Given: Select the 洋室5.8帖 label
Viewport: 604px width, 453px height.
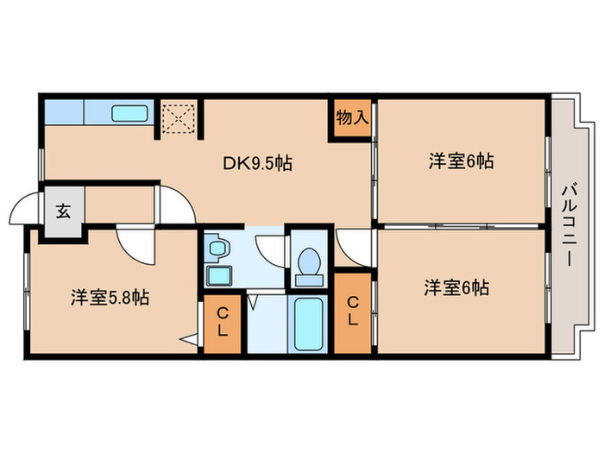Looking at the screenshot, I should (x=110, y=299).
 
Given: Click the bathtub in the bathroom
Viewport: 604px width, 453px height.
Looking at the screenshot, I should (x=308, y=324).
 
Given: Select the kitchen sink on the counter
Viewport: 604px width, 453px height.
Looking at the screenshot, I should (x=130, y=113).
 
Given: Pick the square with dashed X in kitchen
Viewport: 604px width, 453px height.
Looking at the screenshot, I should (x=179, y=118).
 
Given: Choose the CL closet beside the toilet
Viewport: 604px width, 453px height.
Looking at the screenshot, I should (x=352, y=311).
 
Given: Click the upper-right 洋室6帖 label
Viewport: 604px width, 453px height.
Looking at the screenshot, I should (x=461, y=160).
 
